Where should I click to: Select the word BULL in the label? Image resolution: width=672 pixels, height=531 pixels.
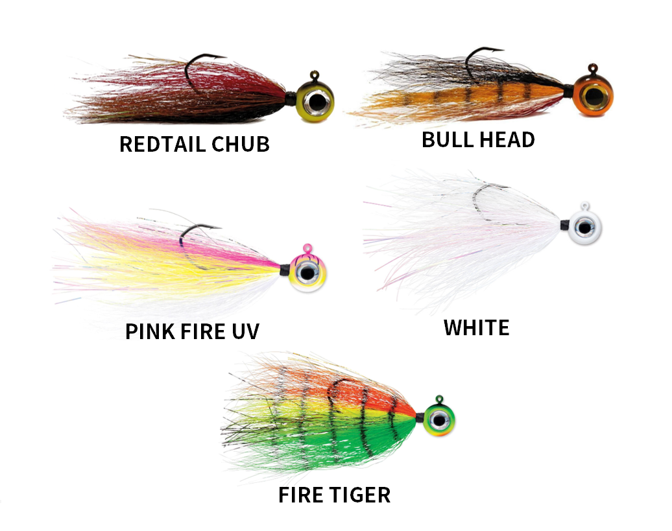tap(447, 139)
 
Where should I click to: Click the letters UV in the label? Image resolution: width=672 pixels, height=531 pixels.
tap(246, 331)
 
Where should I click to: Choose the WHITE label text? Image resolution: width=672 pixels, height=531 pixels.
tap(477, 328)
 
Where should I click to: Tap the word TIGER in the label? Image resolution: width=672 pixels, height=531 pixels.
tap(358, 495)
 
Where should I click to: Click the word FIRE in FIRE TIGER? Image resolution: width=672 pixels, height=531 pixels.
tap(300, 495)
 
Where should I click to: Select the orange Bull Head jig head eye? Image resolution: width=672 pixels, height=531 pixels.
tap(594, 97)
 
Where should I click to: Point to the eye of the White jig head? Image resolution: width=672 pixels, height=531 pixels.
tap(586, 227)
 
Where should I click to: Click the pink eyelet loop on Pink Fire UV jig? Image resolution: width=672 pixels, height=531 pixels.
tap(307, 248)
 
